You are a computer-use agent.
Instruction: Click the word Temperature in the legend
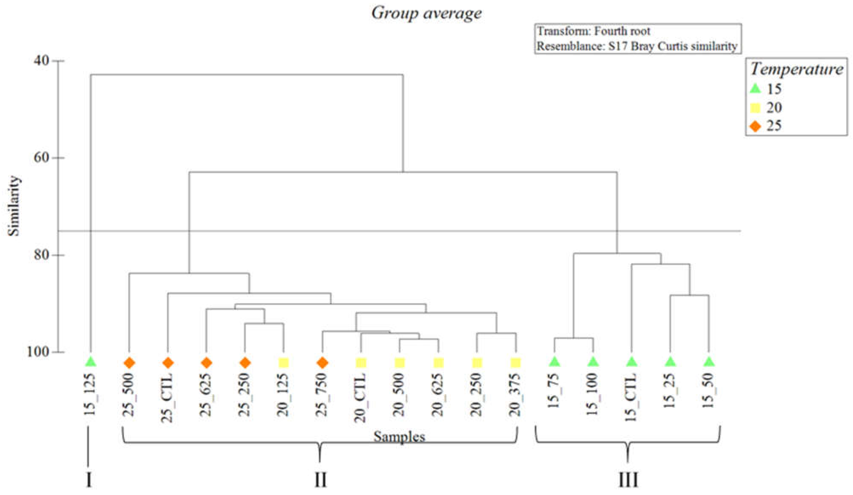pos(796,69)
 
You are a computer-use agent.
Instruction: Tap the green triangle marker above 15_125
pos(91,362)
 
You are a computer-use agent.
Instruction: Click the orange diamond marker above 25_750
pos(323,363)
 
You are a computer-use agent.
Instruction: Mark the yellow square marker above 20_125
pos(284,363)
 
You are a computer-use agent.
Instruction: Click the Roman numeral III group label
pos(628,480)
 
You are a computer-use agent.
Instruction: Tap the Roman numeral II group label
pos(320,480)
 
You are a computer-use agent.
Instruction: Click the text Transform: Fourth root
pos(594,31)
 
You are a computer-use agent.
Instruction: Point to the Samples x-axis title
pos(399,437)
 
